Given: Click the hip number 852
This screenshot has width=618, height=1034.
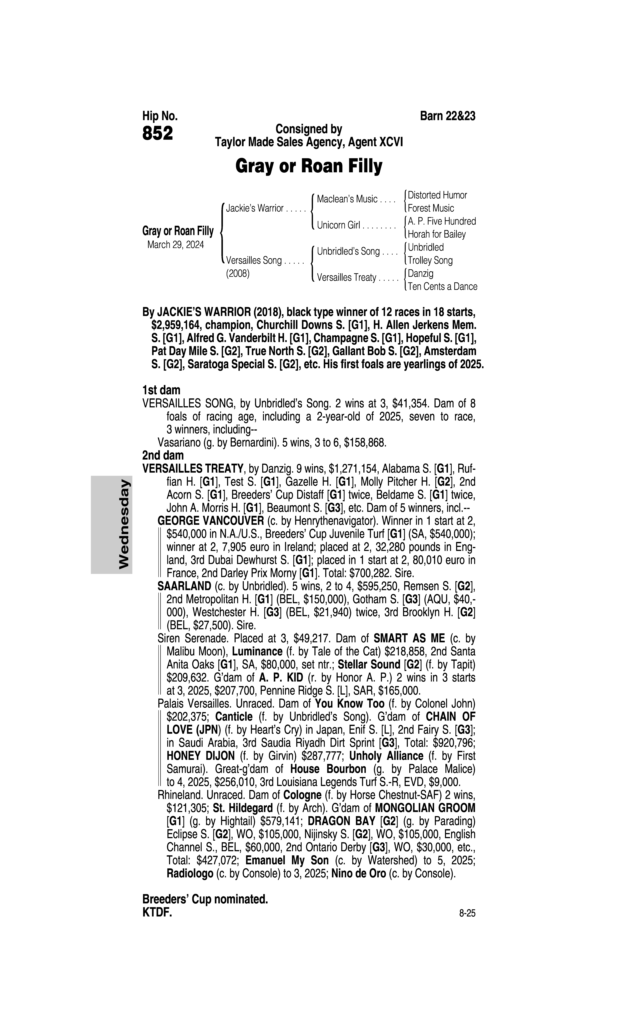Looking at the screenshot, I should click(157, 133).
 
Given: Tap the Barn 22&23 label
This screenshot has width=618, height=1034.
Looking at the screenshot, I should click(448, 116).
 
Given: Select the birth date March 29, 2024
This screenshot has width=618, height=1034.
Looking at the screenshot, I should click(175, 244).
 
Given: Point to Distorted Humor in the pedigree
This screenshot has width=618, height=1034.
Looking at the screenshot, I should click(437, 195).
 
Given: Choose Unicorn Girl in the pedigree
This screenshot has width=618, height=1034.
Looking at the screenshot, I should click(338, 225).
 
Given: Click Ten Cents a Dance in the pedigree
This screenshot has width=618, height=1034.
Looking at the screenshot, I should click(442, 287).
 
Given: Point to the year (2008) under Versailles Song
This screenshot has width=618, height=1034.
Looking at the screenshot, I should click(237, 274).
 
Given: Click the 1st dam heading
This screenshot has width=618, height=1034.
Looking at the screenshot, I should click(161, 390).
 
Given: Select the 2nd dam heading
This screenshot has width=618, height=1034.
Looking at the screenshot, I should click(163, 455).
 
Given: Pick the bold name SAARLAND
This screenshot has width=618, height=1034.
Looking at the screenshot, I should click(184, 586).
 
